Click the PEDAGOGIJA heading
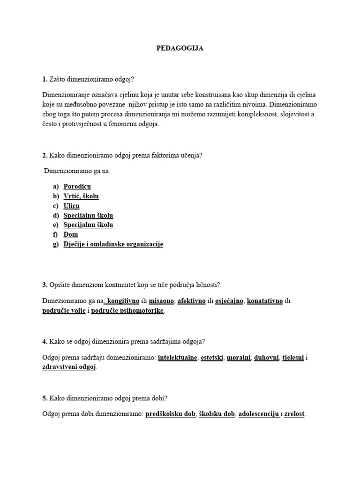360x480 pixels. (x=180, y=48)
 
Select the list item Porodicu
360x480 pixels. (x=77, y=187)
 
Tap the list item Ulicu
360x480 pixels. (x=71, y=206)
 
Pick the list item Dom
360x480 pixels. (x=71, y=234)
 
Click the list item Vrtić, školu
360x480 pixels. (x=81, y=196)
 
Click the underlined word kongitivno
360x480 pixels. (x=124, y=301)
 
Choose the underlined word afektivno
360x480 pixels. (x=192, y=301)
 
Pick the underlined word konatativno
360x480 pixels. (x=265, y=301)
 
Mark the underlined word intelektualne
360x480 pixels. (x=178, y=358)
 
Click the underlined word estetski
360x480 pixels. (x=213, y=358)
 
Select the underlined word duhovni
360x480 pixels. (x=266, y=358)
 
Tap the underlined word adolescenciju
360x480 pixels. (x=259, y=414)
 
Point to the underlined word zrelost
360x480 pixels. (x=294, y=414)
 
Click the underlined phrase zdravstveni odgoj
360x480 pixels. (x=69, y=367)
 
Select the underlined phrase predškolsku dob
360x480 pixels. (x=170, y=414)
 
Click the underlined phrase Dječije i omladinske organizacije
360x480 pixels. (x=113, y=244)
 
